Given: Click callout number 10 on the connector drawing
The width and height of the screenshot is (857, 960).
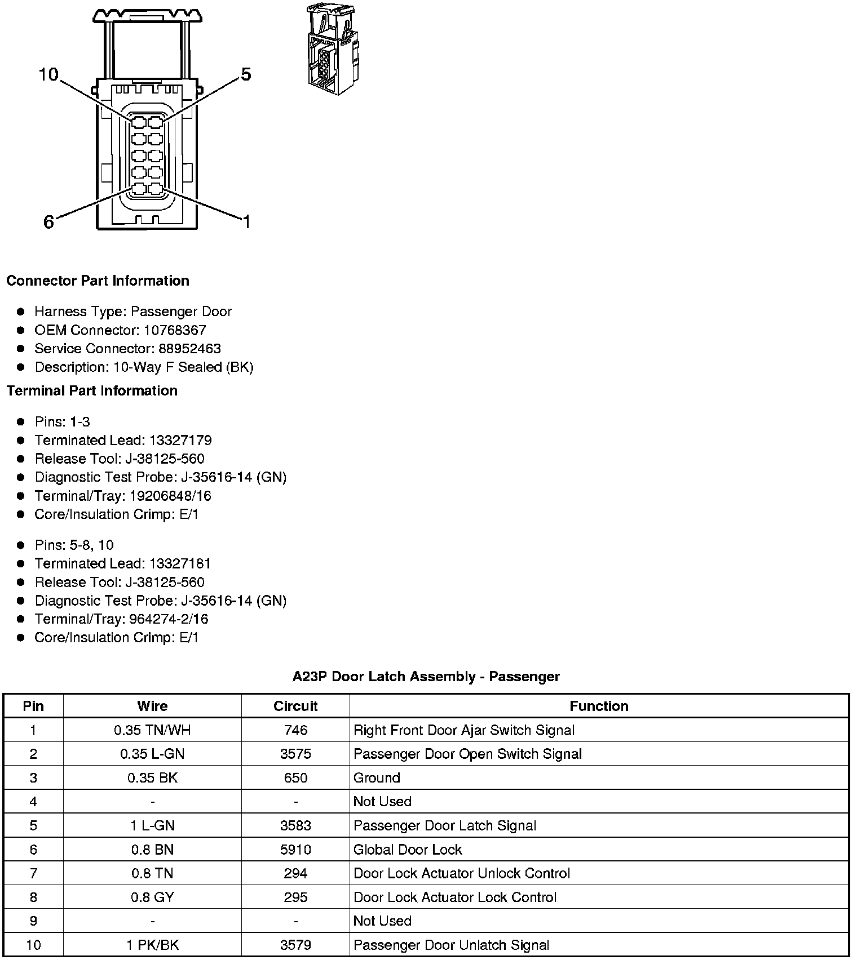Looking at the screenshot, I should [x=48, y=74].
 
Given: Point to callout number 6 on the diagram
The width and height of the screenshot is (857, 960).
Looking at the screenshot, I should [x=49, y=222].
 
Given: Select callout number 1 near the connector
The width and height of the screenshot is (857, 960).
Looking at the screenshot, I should [x=246, y=222].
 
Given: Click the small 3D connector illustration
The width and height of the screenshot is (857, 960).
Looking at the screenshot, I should [x=333, y=50].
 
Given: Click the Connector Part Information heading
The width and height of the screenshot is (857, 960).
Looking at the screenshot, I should [x=98, y=281].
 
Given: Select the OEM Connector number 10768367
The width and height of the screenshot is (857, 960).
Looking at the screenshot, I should [x=174, y=330].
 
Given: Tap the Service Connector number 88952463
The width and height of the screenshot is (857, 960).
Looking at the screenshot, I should [x=189, y=349].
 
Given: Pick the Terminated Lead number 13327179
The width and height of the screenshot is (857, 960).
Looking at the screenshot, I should [x=180, y=440].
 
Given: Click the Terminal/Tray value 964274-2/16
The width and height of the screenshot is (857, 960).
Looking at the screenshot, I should [x=169, y=619].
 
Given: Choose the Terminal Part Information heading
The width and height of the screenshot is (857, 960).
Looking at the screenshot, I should [x=92, y=390].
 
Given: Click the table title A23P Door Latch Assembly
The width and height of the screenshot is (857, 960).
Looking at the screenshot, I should [x=426, y=676].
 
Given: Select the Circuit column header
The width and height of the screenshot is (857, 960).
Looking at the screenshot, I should [x=295, y=706].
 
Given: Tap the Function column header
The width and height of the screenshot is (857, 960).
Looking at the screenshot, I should [x=599, y=706].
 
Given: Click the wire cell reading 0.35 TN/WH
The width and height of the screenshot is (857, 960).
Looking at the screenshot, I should [x=152, y=730].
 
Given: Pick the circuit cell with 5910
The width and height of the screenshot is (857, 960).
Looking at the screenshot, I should [x=295, y=849].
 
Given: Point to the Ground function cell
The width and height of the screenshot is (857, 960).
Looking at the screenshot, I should [x=377, y=778].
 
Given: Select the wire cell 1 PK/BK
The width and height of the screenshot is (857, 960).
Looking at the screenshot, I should [x=152, y=945].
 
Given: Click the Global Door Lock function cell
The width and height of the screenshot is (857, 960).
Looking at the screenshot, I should [x=408, y=849].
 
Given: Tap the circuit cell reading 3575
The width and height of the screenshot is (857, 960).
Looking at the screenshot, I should [x=295, y=754].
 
